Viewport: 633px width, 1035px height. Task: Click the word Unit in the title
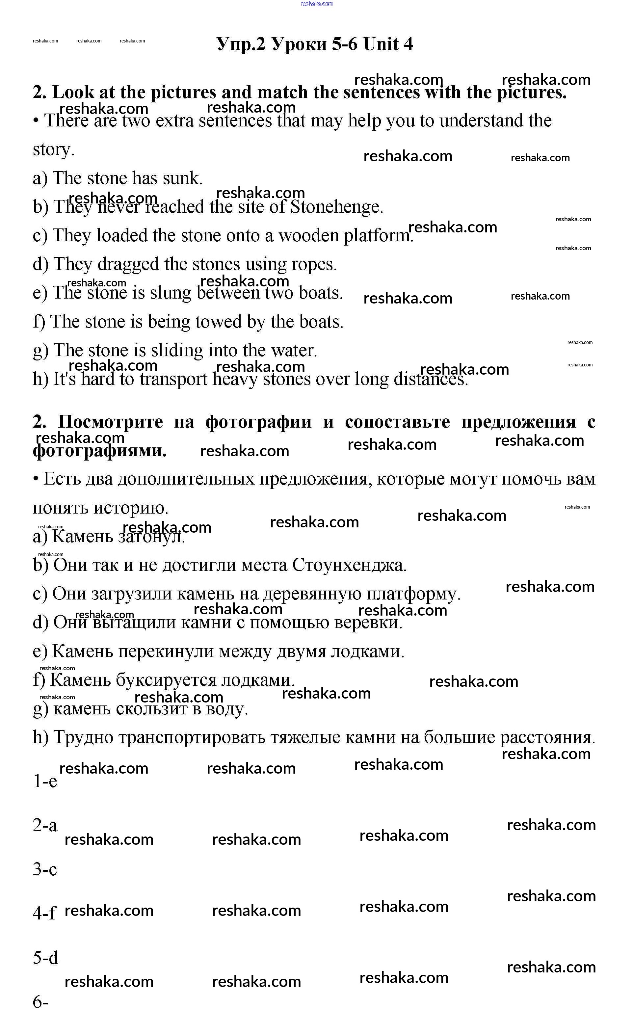pos(381,44)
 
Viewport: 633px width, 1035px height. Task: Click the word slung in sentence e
pos(171,293)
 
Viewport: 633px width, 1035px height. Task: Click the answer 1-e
pos(45,781)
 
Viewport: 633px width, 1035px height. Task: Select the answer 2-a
pos(45,825)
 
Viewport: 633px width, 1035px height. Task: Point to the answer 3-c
pos(45,869)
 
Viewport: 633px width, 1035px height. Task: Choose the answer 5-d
pos(45,957)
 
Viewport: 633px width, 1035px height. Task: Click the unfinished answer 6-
pos(41,1002)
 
